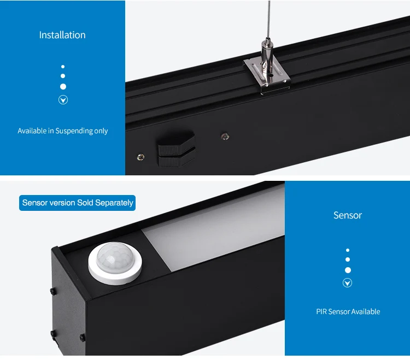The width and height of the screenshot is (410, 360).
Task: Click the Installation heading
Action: pyautogui.click(x=62, y=35)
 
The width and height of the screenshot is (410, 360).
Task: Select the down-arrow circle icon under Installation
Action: pyautogui.click(x=63, y=100)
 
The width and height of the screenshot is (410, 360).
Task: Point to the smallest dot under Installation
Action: pyautogui.click(x=63, y=67)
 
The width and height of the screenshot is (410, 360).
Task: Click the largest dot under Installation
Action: pyautogui.click(x=63, y=86)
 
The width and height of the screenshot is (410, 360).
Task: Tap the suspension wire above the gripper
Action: pyautogui.click(x=268, y=16)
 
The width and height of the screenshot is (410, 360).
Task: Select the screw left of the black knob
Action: pyautogui.click(x=141, y=157)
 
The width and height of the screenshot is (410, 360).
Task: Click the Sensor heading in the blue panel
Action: pyautogui.click(x=348, y=215)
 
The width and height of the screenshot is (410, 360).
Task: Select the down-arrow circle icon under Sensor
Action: pyautogui.click(x=347, y=283)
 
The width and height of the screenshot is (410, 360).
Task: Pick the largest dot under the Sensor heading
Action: pyautogui.click(x=348, y=270)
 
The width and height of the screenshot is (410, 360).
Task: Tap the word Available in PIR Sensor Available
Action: pyautogui.click(x=366, y=312)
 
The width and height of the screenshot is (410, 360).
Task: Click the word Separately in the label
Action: pyautogui.click(x=114, y=203)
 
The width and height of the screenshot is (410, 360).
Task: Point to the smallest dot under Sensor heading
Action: pyautogui.click(x=348, y=250)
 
